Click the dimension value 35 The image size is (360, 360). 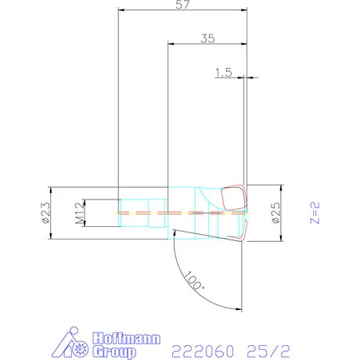tap(207, 37)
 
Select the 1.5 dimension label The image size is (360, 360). tap(224, 72)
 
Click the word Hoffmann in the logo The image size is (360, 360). tap(127, 339)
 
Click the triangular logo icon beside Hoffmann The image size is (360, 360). tap(75, 345)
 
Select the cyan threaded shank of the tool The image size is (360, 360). tap(141, 212)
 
